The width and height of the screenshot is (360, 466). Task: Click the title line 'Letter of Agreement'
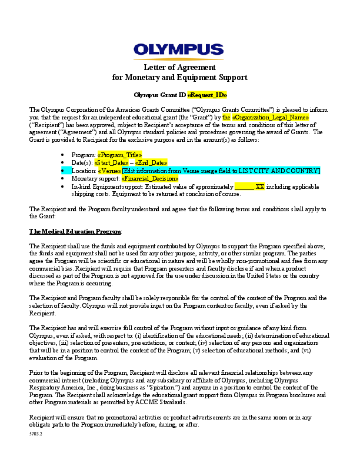pyautogui.click(x=179, y=68)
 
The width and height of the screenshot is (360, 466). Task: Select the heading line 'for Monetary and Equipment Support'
pyautogui.click(x=179, y=78)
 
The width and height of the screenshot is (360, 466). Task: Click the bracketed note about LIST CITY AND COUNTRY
pyautogui.click(x=221, y=170)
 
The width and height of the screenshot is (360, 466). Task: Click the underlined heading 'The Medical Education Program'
pyautogui.click(x=71, y=232)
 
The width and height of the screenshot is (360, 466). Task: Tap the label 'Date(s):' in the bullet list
pyautogui.click(x=82, y=162)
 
